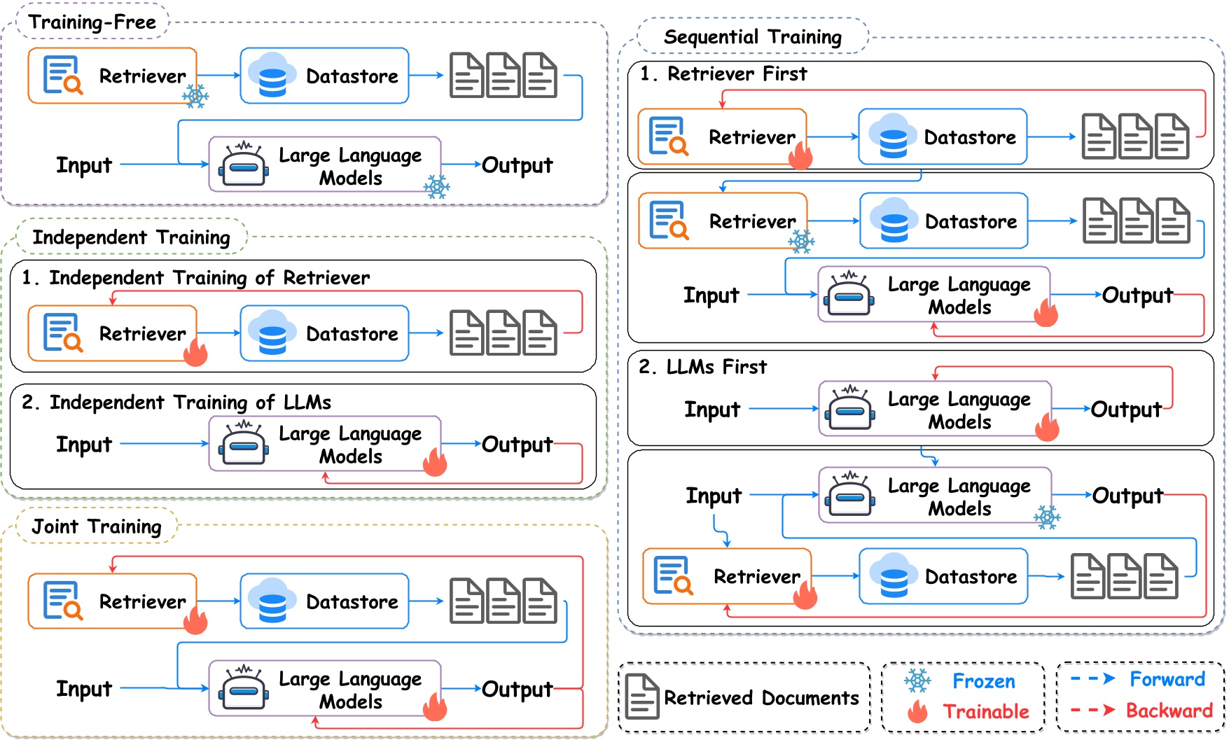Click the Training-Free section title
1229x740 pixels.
92,22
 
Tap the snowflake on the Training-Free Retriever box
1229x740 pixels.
195,96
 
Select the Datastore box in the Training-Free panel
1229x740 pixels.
324,76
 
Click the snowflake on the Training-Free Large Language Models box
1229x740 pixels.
437,186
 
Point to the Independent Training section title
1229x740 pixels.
131,237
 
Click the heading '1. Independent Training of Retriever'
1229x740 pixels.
195,278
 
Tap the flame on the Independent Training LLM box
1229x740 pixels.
435,462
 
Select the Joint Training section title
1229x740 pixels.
97,526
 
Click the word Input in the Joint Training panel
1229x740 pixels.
84,689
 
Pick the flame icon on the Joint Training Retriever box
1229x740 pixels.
196,620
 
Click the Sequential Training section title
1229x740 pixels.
753,36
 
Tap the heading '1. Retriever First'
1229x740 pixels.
723,74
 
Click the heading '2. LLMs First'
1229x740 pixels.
703,367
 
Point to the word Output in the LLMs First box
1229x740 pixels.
1126,410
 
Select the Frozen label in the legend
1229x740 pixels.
983,681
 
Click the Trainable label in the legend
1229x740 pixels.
985,712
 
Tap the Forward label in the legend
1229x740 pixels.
1167,679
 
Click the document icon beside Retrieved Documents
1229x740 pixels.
641,697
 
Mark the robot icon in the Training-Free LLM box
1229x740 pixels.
243,165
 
